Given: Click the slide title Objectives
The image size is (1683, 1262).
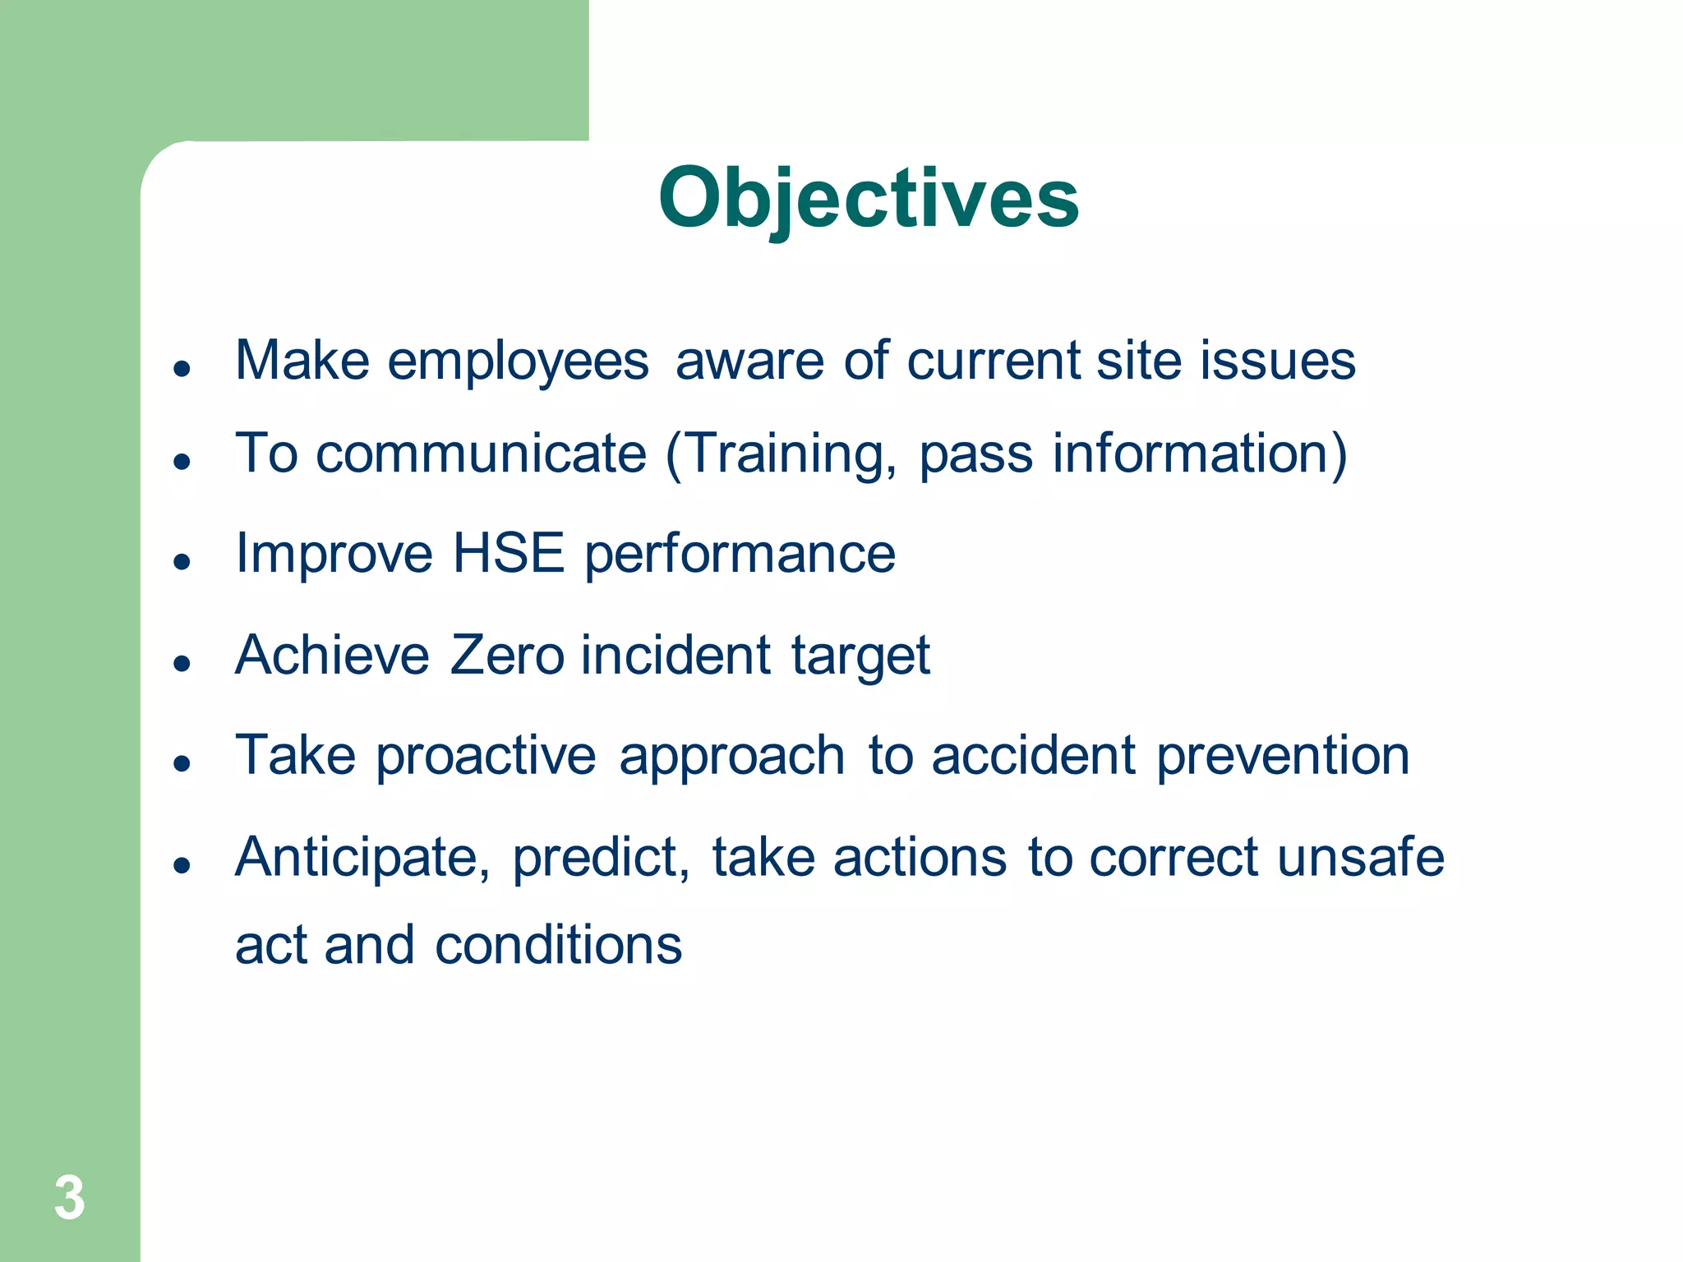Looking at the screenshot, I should [868, 199].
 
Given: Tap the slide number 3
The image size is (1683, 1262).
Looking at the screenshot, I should [70, 1198].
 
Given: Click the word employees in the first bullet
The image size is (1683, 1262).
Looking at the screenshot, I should [518, 362].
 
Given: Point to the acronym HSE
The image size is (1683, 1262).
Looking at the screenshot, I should [509, 553].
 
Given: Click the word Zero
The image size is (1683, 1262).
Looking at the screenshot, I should [507, 655].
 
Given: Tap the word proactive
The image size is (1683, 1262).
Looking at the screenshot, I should [486, 756].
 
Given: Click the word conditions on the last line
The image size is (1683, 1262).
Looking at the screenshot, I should [558, 945].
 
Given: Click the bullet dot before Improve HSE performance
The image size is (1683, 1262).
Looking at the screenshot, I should [182, 562].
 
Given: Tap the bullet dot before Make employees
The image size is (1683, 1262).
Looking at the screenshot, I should [182, 369].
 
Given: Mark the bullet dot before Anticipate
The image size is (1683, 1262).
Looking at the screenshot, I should [182, 865].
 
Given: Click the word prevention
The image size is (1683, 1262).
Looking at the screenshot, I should [1283, 756].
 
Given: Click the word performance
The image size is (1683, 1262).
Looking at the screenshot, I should [740, 555].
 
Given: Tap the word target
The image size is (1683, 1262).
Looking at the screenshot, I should [860, 656].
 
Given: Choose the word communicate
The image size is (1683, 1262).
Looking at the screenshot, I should [482, 454].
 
